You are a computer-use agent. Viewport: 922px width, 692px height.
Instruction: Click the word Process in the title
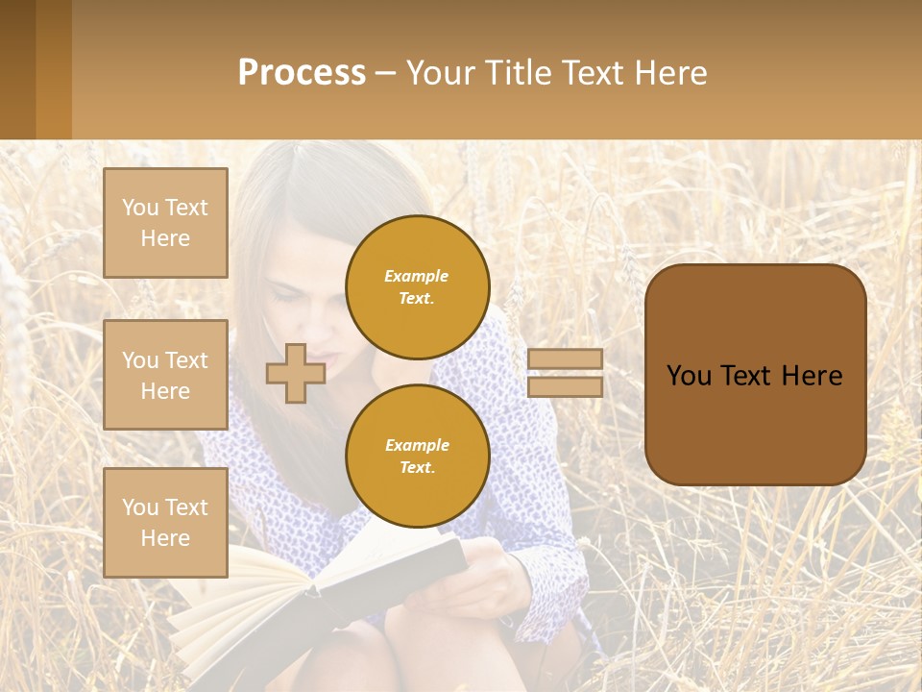pyautogui.click(x=302, y=73)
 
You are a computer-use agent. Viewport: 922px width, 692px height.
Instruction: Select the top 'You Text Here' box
pyautogui.click(x=165, y=223)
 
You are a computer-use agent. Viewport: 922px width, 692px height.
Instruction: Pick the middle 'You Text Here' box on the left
pyautogui.click(x=165, y=375)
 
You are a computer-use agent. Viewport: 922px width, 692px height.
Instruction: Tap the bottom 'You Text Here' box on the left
pyautogui.click(x=165, y=522)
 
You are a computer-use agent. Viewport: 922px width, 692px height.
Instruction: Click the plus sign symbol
pyautogui.click(x=296, y=373)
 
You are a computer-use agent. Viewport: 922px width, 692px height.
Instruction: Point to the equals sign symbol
pyautogui.click(x=565, y=373)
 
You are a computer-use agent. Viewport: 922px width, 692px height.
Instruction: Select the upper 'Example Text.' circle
pyautogui.click(x=418, y=286)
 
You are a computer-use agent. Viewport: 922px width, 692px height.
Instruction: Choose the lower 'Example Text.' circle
pyautogui.click(x=418, y=456)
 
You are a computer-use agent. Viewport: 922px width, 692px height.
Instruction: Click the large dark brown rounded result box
pyautogui.click(x=755, y=375)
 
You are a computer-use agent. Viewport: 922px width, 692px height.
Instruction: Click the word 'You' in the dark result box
pyautogui.click(x=689, y=376)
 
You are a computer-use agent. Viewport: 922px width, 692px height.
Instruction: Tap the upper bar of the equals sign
pyautogui.click(x=565, y=358)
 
